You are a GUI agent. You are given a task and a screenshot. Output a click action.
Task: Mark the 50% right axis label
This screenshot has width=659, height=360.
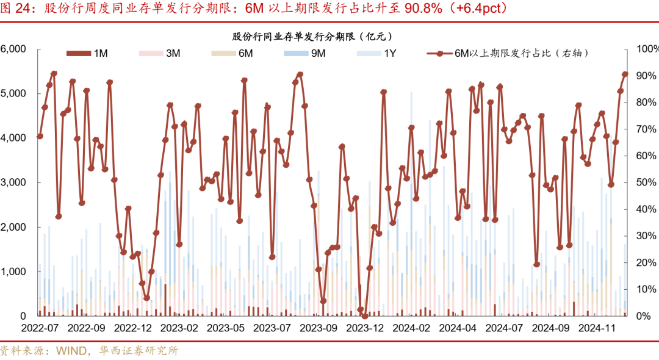coord(645,182)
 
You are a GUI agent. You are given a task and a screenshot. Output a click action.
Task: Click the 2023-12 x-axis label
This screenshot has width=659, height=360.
coord(365,328)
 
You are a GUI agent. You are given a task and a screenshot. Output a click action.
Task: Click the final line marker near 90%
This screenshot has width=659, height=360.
coord(625,74)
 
